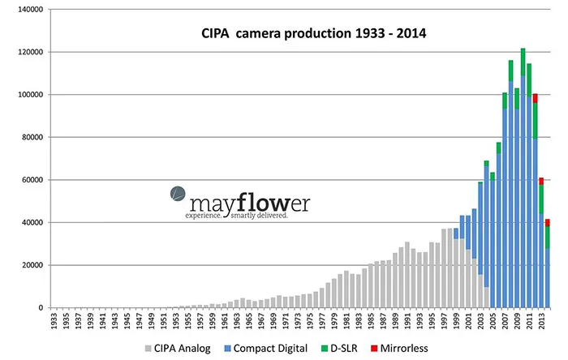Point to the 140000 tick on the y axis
point(28,10)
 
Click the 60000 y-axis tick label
point(30,180)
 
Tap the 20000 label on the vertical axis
point(30,265)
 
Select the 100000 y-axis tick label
point(28,95)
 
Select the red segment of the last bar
point(547,222)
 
